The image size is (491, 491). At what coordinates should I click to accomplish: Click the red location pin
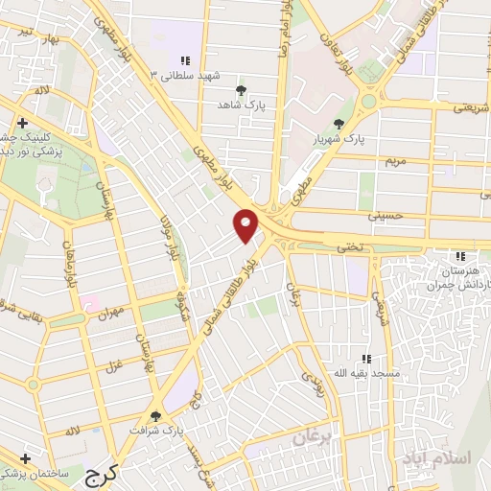246,224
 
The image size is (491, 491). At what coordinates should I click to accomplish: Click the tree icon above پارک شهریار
339,123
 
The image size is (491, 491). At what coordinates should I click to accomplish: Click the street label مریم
398,160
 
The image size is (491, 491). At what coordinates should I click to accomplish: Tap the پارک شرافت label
155,433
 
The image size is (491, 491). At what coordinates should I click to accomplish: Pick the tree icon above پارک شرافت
155,415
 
